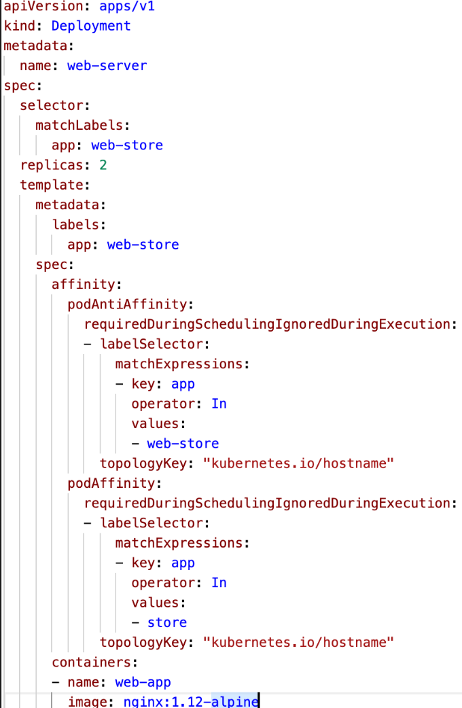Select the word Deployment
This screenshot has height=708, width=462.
(90, 26)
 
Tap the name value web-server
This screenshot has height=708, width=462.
(107, 66)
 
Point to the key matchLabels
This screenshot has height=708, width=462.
(78, 126)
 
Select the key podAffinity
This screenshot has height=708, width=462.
(113, 483)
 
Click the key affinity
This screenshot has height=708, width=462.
(85, 285)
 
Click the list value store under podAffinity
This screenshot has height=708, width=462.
(166, 622)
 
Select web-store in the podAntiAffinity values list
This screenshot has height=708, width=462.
(183, 444)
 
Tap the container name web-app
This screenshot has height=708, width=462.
(143, 682)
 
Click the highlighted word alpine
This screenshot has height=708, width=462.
(235, 701)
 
